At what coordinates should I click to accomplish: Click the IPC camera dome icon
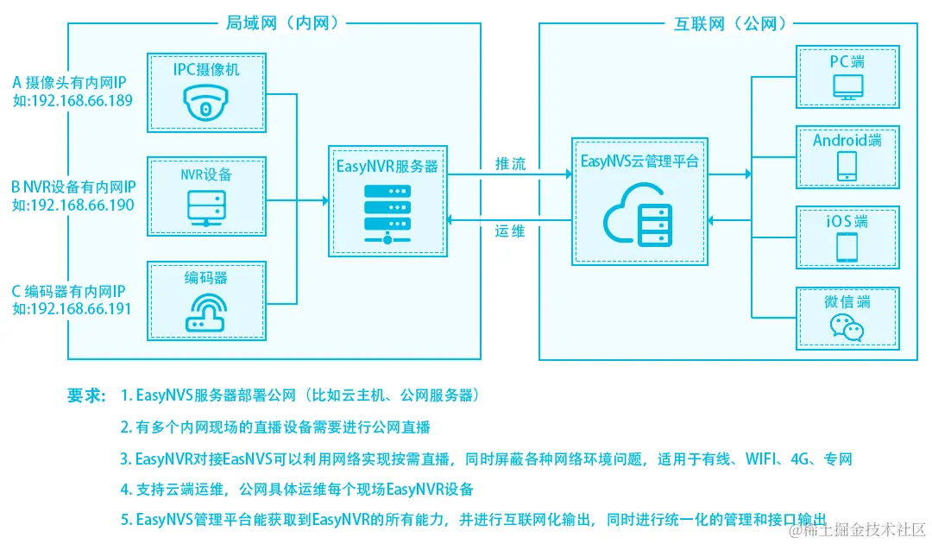coord(205,104)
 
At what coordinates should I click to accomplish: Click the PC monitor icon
coord(847,87)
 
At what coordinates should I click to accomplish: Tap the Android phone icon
coord(847,167)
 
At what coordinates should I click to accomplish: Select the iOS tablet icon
coord(847,247)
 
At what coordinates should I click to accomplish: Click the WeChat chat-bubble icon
coord(847,326)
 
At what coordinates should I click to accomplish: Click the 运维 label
coord(510,231)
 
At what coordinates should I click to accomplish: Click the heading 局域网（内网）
coord(274,24)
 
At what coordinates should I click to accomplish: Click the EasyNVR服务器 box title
coord(387,167)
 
